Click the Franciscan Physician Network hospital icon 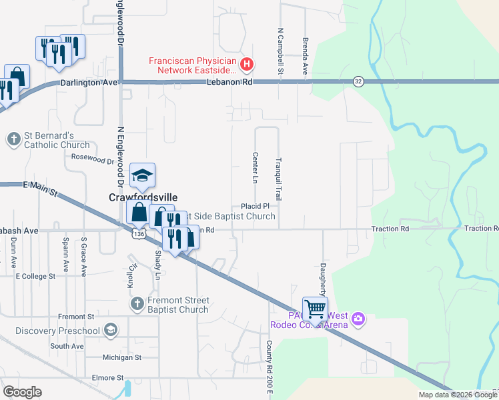247,65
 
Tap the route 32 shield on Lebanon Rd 358,81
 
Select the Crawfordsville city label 143,197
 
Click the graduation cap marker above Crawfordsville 142,176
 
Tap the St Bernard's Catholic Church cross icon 14,140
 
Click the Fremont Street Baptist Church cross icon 137,304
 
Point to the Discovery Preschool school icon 110,330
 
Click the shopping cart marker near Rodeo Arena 315,309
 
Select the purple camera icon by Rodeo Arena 358,319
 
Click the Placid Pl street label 255,207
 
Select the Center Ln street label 255,167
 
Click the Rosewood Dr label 93,160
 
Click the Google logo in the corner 23,392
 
